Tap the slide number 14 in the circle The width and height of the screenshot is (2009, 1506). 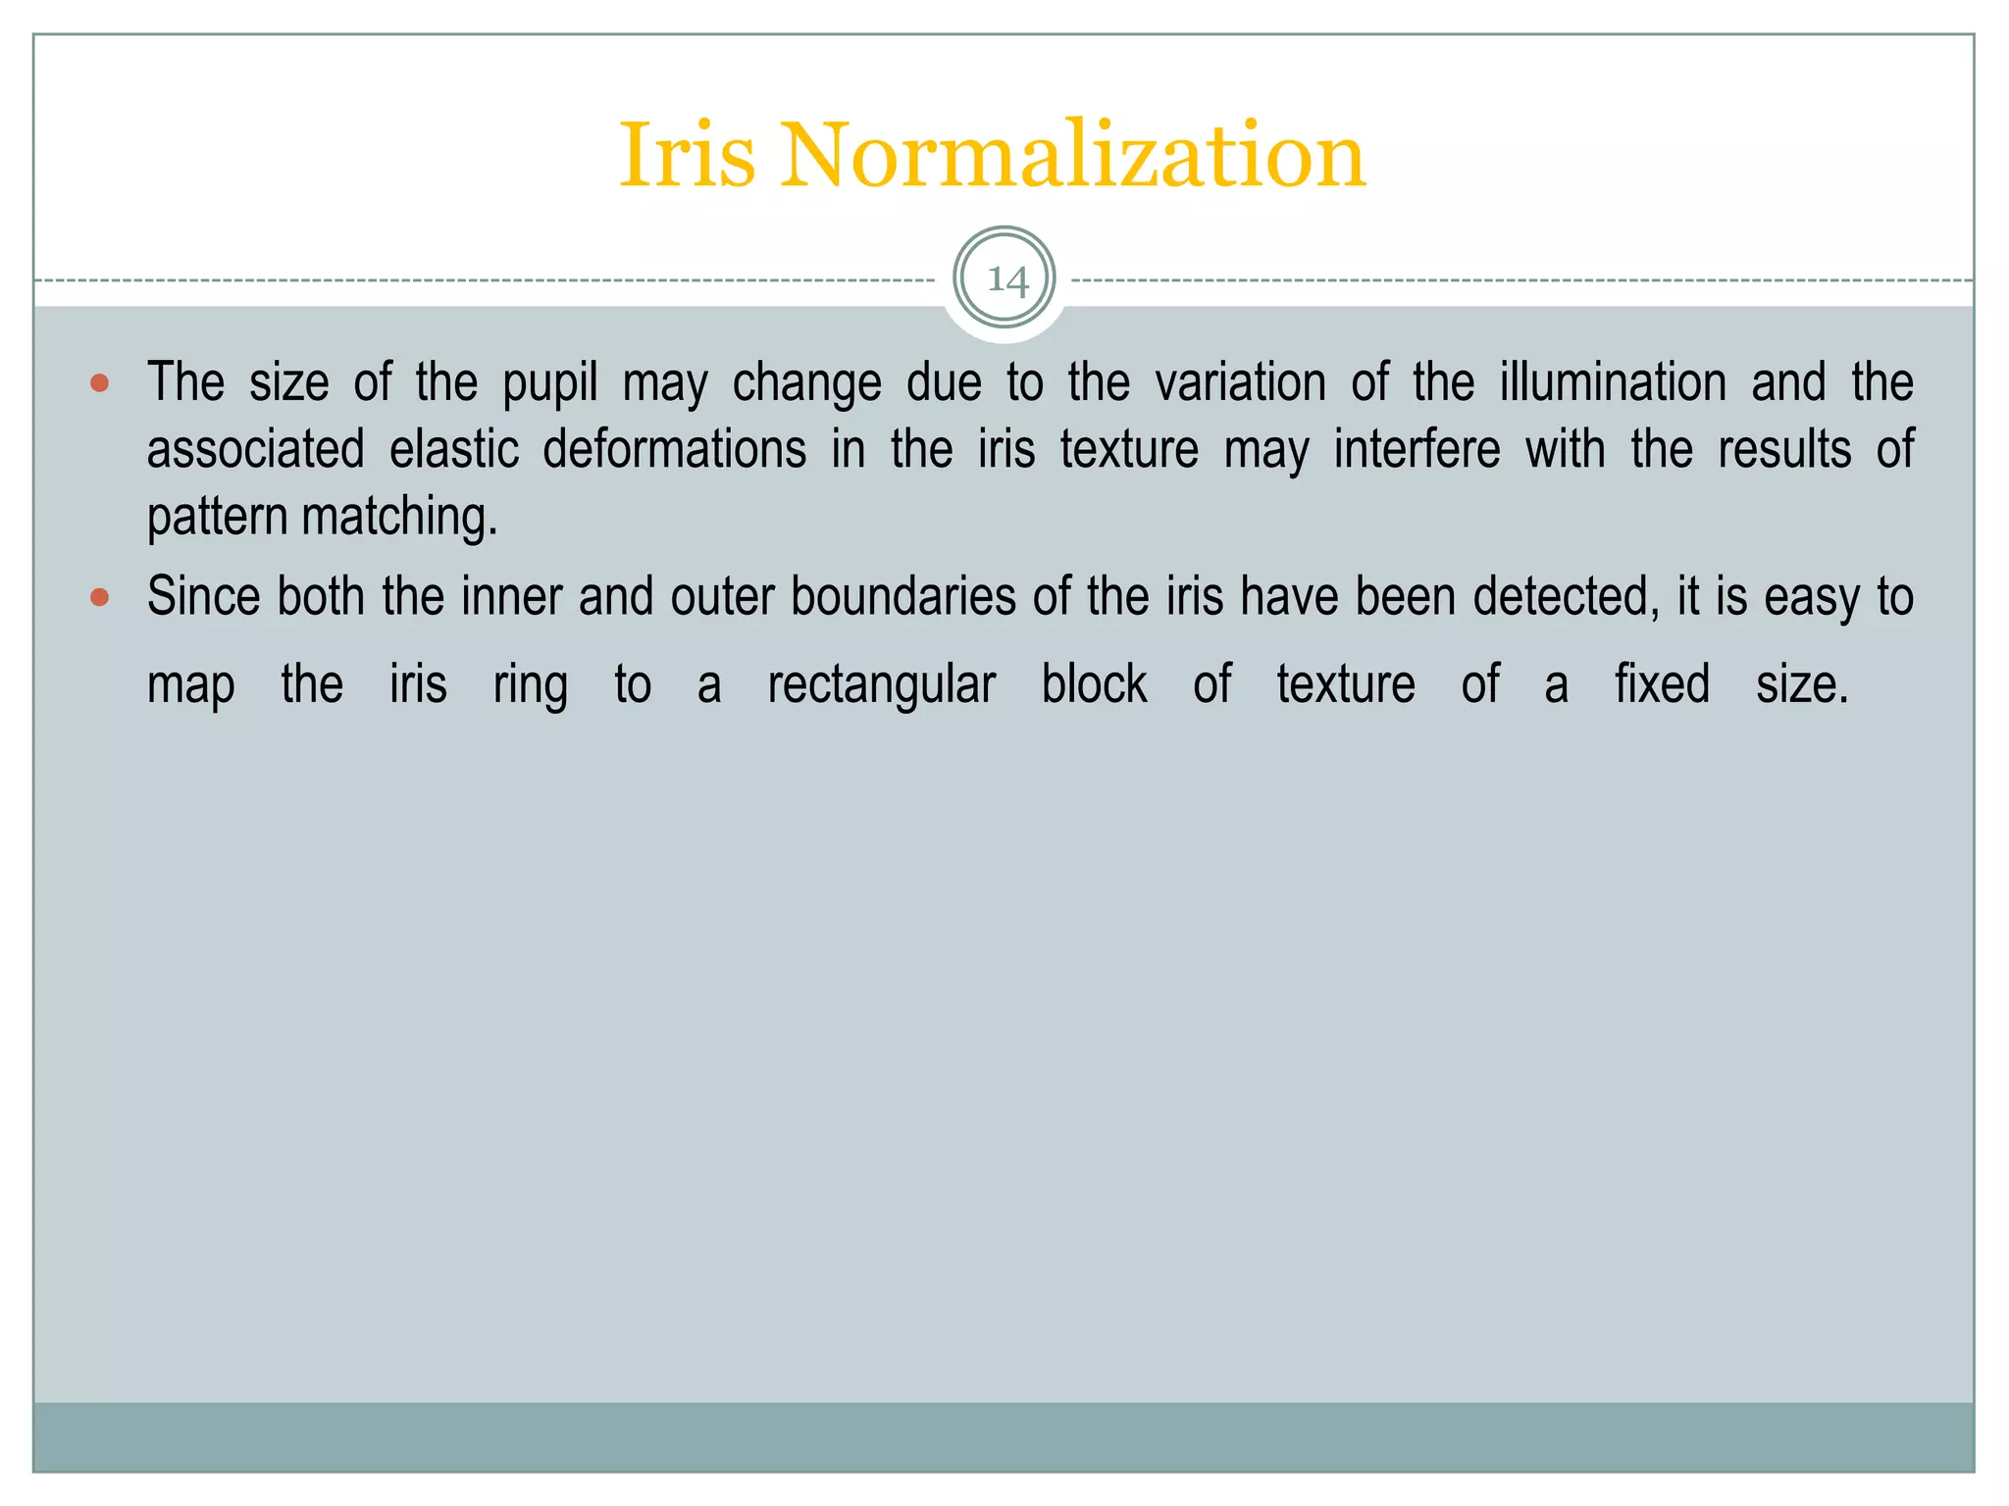pyautogui.click(x=1005, y=280)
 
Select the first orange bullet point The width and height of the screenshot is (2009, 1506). pyautogui.click(x=99, y=382)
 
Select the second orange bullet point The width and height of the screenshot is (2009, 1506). pyautogui.click(x=99, y=596)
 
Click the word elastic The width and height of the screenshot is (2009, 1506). pyautogui.click(x=454, y=449)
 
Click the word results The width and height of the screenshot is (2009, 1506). pyautogui.click(x=1784, y=449)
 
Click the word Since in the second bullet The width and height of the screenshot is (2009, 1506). pyautogui.click(x=203, y=596)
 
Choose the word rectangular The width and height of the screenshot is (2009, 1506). pyautogui.click(x=881, y=684)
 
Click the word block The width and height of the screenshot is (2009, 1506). pyautogui.click(x=1094, y=683)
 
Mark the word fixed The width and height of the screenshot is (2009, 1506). pyautogui.click(x=1662, y=683)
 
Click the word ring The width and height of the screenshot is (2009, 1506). pyautogui.click(x=530, y=685)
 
